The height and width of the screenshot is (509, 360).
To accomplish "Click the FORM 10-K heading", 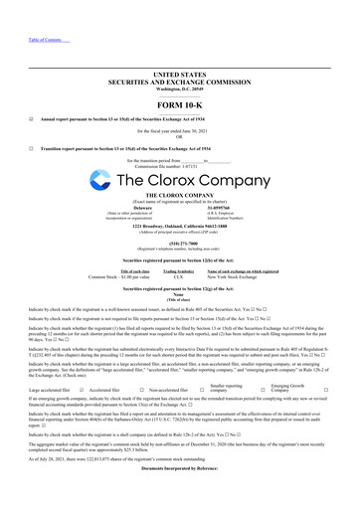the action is point(180,105).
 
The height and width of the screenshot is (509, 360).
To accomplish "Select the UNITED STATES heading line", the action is point(180,74).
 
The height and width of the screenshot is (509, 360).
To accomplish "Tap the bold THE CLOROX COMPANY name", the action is point(180,196).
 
